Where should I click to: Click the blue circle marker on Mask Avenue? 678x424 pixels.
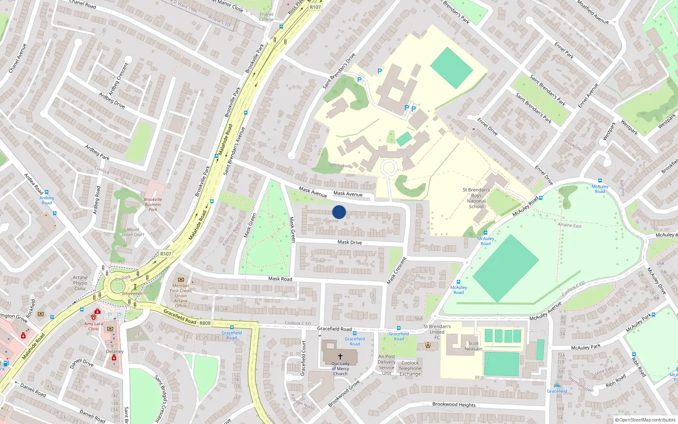pyautogui.click(x=339, y=212)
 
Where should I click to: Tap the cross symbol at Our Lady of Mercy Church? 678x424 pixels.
pyautogui.click(x=340, y=357)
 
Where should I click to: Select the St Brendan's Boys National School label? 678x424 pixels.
pyautogui.click(x=476, y=198)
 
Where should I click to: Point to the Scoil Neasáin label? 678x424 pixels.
pyautogui.click(x=473, y=346)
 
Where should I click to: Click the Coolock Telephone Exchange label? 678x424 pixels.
pyautogui.click(x=410, y=368)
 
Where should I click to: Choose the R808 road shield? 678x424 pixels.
pyautogui.click(x=205, y=323)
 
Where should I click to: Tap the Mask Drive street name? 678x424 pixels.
pyautogui.click(x=350, y=243)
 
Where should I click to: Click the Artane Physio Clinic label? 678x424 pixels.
pyautogui.click(x=80, y=283)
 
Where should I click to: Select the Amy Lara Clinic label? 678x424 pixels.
pyautogui.click(x=93, y=326)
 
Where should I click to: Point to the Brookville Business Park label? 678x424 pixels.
pyautogui.click(x=153, y=204)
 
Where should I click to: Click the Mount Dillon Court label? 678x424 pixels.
pyautogui.click(x=133, y=232)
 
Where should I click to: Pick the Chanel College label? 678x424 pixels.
pyautogui.click(x=266, y=17)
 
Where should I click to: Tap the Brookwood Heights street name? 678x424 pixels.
pyautogui.click(x=454, y=404)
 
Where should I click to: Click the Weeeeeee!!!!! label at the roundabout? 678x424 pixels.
pyautogui.click(x=135, y=293)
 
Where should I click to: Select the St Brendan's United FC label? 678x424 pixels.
pyautogui.click(x=437, y=332)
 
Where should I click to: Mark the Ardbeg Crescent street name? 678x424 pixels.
pyautogui.click(x=118, y=79)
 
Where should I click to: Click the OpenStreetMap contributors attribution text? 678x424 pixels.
pyautogui.click(x=645, y=420)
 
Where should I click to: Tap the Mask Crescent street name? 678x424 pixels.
pyautogui.click(x=397, y=271)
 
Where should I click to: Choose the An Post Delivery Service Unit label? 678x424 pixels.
pyautogui.click(x=386, y=365)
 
